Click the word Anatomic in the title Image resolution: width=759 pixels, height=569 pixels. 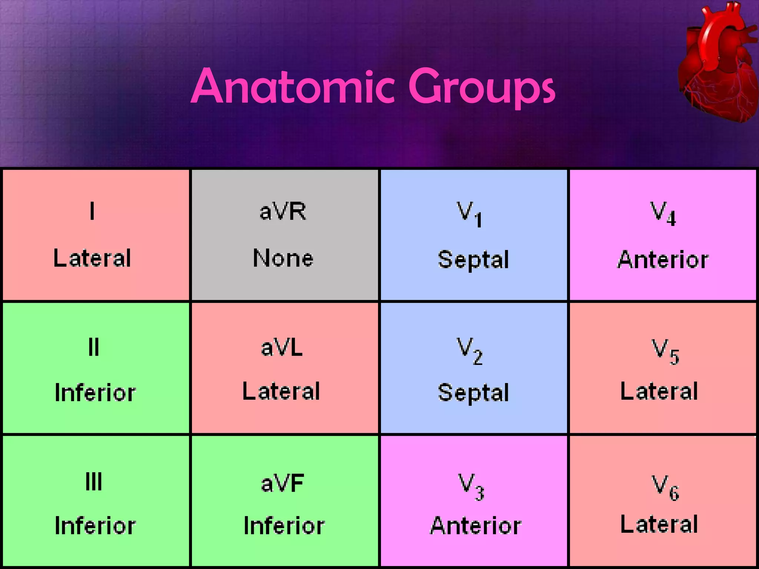point(293,87)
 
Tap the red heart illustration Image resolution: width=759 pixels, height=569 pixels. point(717,65)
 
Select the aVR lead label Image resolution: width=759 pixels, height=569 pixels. point(283,212)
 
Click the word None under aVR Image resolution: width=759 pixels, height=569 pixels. point(283,258)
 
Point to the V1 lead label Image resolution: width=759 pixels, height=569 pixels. point(469,214)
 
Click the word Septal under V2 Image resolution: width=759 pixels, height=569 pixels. point(473,393)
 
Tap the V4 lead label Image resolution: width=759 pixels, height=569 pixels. point(663,213)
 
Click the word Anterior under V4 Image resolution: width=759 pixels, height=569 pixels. point(663,260)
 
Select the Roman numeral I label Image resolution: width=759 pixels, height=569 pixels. point(92,211)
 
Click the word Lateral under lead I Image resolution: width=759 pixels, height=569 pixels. point(92,258)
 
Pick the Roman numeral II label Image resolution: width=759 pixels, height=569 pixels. point(94,347)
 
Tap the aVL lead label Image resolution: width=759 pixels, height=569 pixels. point(282,348)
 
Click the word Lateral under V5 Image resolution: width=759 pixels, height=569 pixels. point(659,391)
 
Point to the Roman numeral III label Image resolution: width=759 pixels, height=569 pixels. point(93,482)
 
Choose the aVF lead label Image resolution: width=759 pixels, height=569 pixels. point(283,483)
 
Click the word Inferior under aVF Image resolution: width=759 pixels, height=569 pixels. point(284,526)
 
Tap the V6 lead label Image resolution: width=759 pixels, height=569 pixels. point(665,488)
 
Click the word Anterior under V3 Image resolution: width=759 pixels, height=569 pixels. point(476,526)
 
